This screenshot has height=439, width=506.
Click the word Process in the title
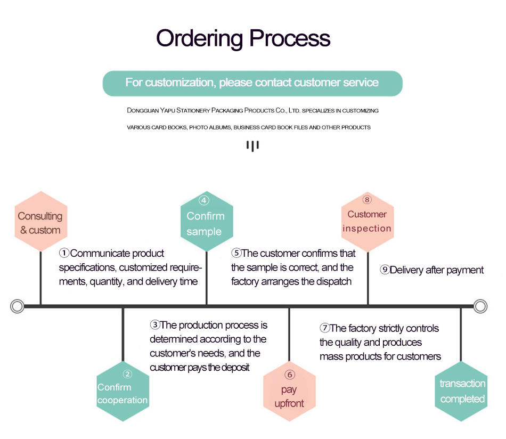[x=290, y=38]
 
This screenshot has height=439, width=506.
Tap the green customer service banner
[x=252, y=83]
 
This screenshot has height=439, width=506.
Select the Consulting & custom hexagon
[x=41, y=221]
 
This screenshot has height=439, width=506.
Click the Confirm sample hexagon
[x=207, y=221]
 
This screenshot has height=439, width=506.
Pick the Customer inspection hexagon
[x=368, y=222]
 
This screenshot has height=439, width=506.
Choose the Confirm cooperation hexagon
[x=123, y=391]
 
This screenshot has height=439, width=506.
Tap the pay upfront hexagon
[x=289, y=391]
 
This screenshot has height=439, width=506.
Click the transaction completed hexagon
[x=461, y=391]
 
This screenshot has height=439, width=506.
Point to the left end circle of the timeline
[x=17, y=306]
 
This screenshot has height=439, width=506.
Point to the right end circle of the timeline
[x=480, y=306]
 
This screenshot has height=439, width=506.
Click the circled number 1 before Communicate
[x=64, y=253]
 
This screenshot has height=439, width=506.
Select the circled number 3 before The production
[x=155, y=324]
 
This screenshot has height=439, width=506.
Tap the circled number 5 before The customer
[x=236, y=253]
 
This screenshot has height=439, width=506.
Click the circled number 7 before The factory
[x=325, y=328]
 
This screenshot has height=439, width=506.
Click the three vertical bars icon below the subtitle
[x=252, y=145]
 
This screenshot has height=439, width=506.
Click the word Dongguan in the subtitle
[x=143, y=110]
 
